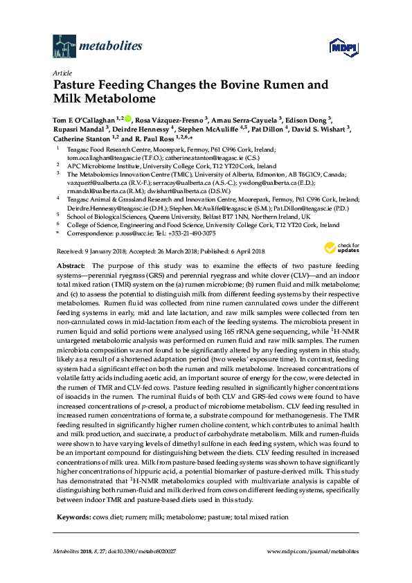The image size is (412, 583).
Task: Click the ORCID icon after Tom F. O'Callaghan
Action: (x=128, y=118)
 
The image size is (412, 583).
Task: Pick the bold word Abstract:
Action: (x=72, y=266)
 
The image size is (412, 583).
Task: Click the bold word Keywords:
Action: (x=73, y=517)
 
